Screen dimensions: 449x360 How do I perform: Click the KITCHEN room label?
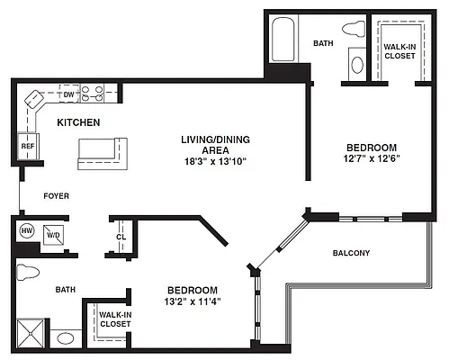click(78, 122)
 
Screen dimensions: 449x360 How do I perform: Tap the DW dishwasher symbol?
click(69, 94)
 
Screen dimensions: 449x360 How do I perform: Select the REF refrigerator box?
click(28, 147)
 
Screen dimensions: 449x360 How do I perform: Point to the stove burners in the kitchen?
click(93, 94)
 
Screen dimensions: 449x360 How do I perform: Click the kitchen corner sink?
click(33, 98)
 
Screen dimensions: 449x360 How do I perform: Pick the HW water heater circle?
click(27, 230)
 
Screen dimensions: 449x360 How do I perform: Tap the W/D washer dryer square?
click(53, 235)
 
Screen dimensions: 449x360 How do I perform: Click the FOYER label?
click(57, 196)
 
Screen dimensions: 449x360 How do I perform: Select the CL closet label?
click(121, 237)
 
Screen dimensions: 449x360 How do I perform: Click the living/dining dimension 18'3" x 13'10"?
click(215, 161)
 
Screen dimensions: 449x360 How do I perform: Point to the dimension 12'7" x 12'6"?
click(372, 158)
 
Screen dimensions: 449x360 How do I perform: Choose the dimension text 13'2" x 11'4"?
click(193, 301)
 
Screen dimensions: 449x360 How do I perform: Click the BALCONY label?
click(351, 253)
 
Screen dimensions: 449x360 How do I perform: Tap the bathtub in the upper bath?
click(283, 40)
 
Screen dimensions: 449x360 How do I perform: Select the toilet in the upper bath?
click(354, 29)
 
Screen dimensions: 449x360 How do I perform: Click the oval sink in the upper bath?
click(357, 65)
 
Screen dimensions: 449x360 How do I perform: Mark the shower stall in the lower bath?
click(31, 333)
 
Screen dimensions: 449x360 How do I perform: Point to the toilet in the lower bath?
click(28, 272)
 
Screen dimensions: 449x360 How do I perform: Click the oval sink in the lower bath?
click(66, 339)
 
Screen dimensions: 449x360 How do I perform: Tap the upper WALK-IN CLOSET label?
click(400, 51)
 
